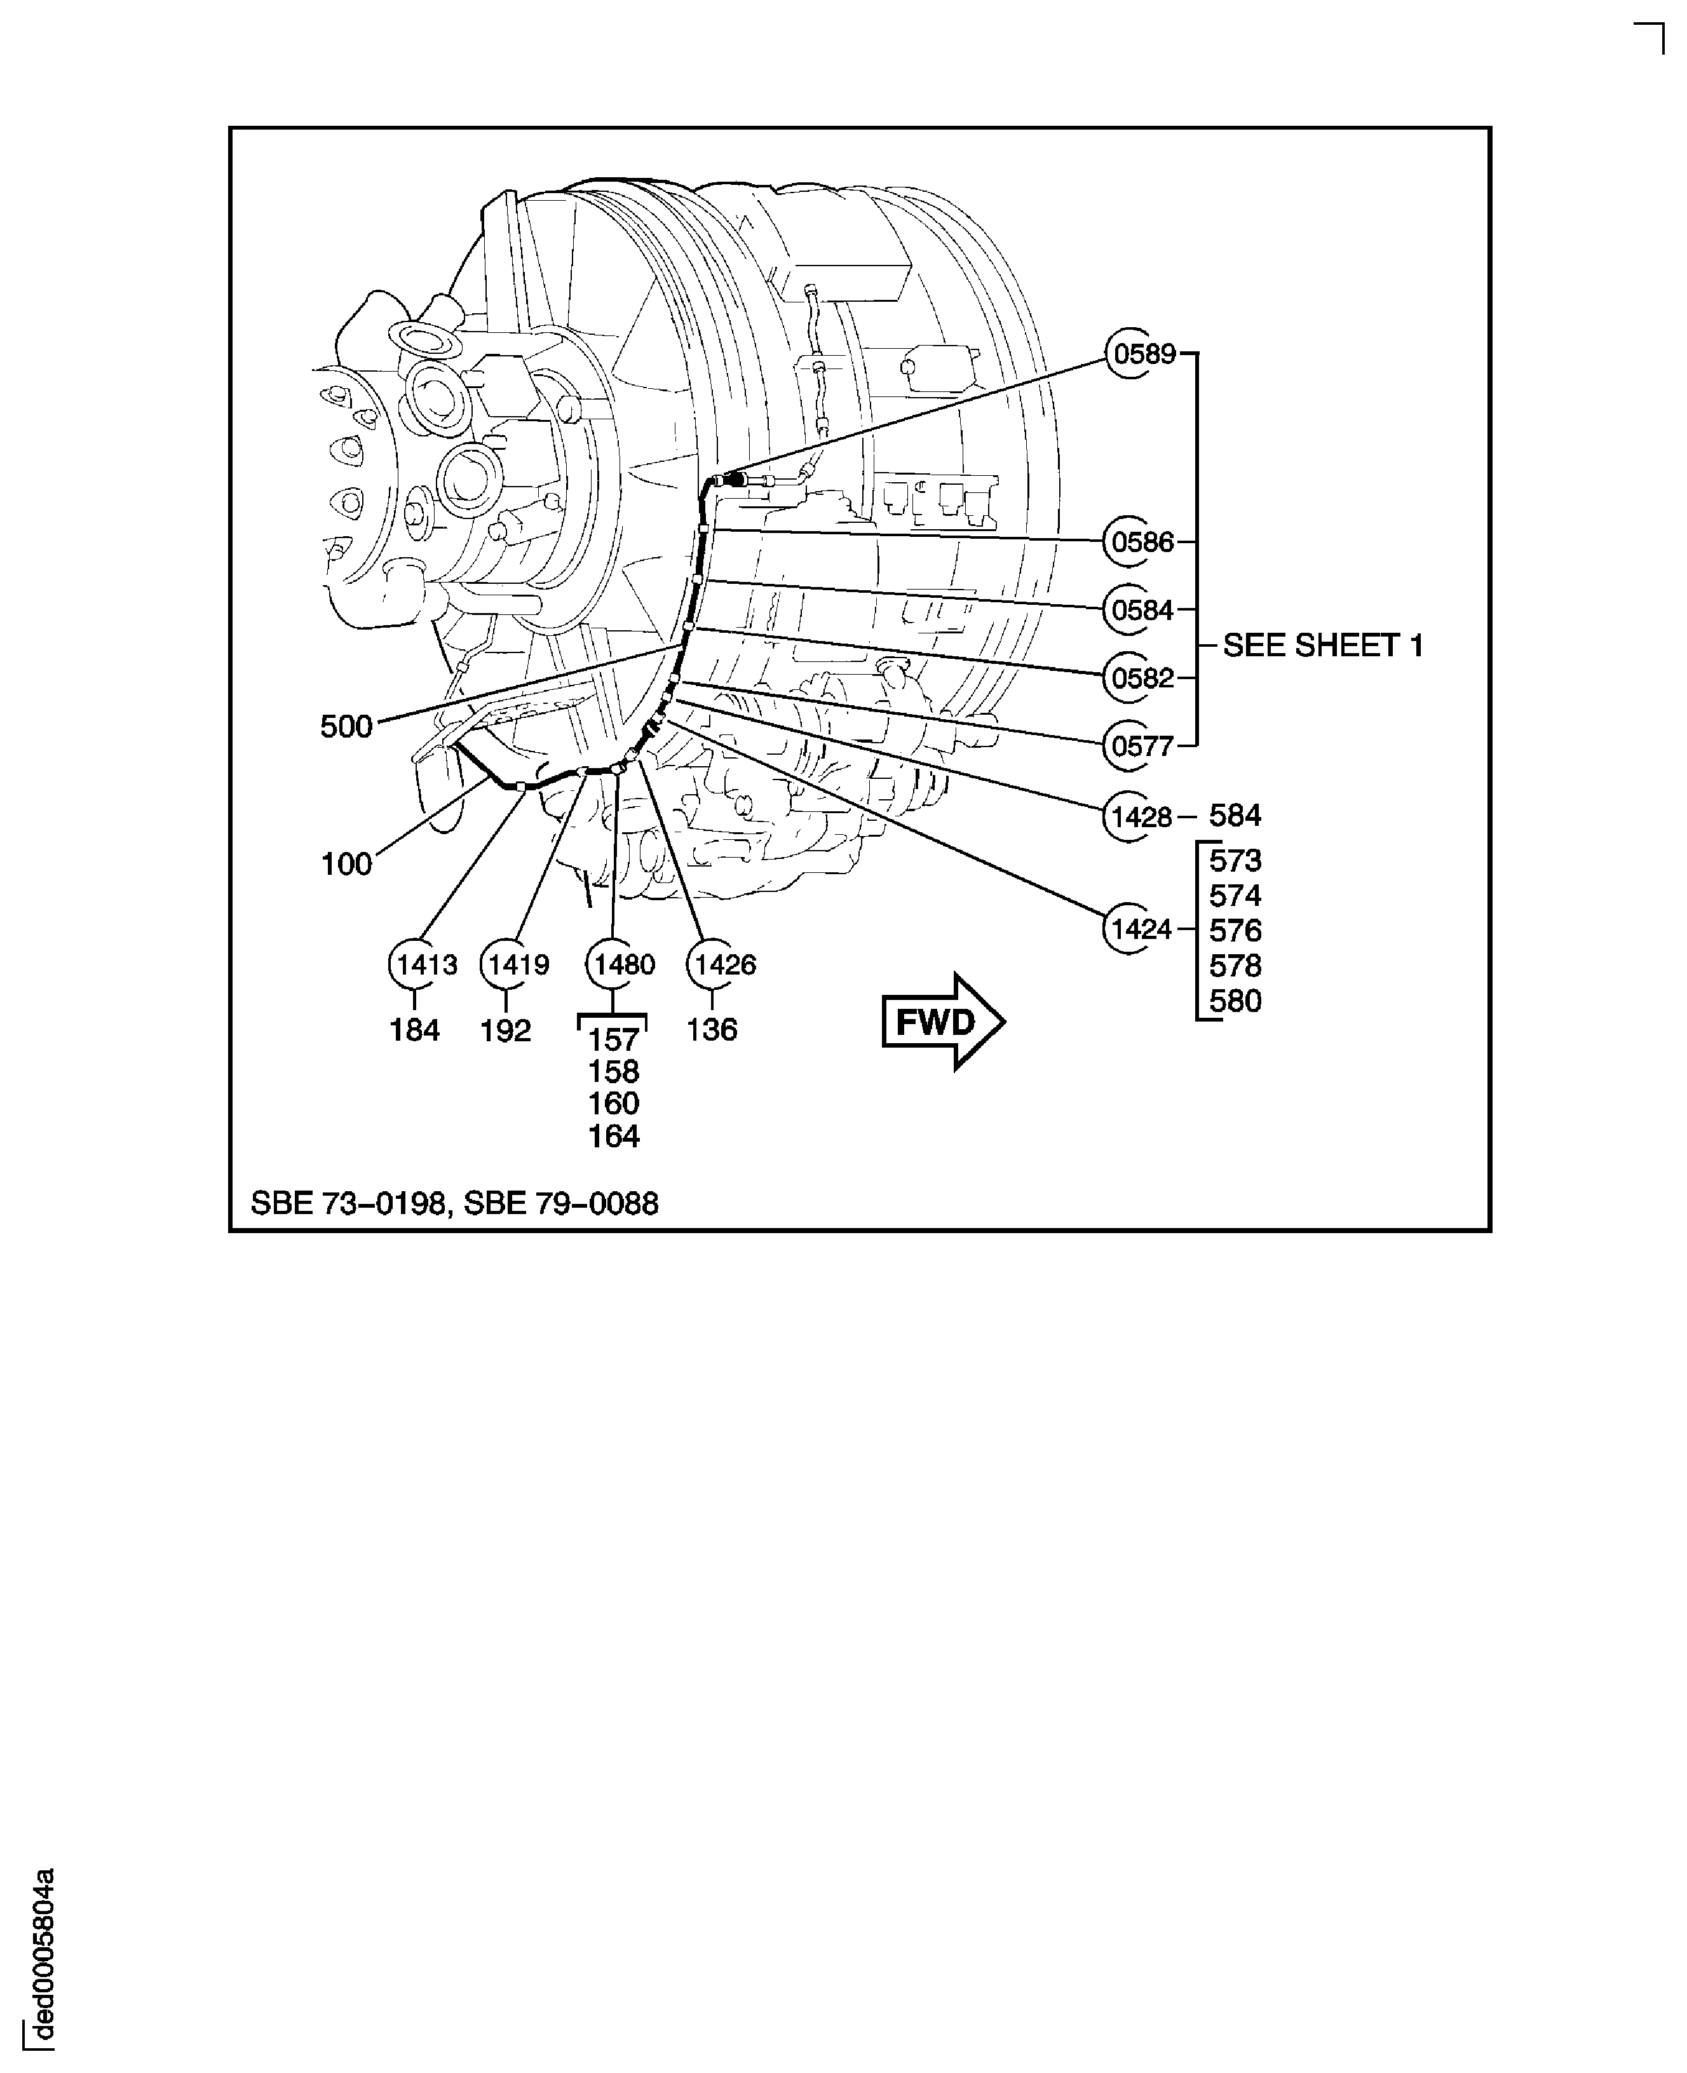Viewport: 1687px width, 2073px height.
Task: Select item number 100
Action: coord(346,863)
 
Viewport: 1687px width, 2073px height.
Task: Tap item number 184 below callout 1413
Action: coord(415,1030)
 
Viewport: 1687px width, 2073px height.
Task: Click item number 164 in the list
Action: coord(613,1135)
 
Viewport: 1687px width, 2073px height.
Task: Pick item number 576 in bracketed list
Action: coord(1235,931)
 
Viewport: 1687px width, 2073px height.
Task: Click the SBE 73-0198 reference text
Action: coord(348,1203)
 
